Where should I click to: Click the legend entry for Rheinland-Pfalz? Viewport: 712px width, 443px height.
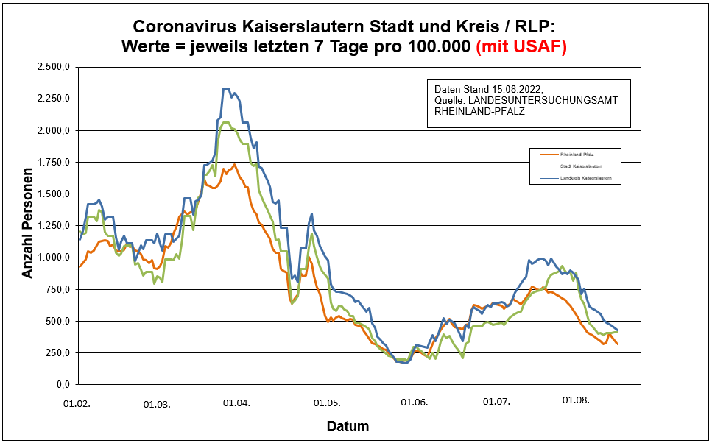577,155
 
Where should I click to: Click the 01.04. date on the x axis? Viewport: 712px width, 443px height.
237,403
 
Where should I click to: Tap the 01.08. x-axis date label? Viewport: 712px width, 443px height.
576,401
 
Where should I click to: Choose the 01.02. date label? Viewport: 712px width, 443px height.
77,403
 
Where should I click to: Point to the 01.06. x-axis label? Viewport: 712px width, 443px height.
415,403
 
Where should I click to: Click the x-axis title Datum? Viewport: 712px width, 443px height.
348,426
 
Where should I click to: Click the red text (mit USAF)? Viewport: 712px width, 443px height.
521,47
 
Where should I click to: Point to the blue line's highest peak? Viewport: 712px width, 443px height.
225,88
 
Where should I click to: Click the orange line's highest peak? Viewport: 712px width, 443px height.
234,165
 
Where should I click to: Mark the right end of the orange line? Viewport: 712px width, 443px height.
618,344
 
